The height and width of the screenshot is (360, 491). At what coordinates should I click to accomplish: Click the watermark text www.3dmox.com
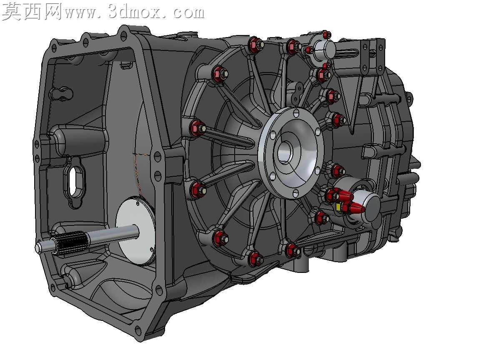[x=134, y=12]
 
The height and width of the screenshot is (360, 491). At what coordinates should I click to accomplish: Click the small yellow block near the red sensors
[x=338, y=207]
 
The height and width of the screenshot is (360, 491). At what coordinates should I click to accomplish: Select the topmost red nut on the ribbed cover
[x=255, y=44]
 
